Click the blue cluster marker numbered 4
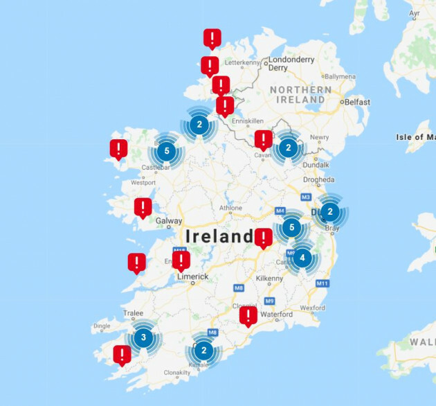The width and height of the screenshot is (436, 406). [x=302, y=256]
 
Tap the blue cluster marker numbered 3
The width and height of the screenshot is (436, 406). [x=143, y=338]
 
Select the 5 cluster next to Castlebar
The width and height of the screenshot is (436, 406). [x=165, y=150]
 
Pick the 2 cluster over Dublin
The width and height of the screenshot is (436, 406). [x=330, y=212]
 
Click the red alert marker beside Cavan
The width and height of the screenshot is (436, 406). [x=263, y=139]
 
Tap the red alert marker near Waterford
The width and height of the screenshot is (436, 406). [x=248, y=316]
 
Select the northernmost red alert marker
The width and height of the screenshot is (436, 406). [x=212, y=38]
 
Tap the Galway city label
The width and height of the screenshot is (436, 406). [x=169, y=222]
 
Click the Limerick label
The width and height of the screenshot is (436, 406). [x=192, y=276]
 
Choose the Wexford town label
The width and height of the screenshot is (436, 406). [x=312, y=307]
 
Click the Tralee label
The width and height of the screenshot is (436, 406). [x=133, y=313]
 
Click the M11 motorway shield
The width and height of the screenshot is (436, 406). [x=321, y=283]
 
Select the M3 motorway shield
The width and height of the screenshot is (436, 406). [x=306, y=198]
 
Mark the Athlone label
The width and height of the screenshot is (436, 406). [x=230, y=208]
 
